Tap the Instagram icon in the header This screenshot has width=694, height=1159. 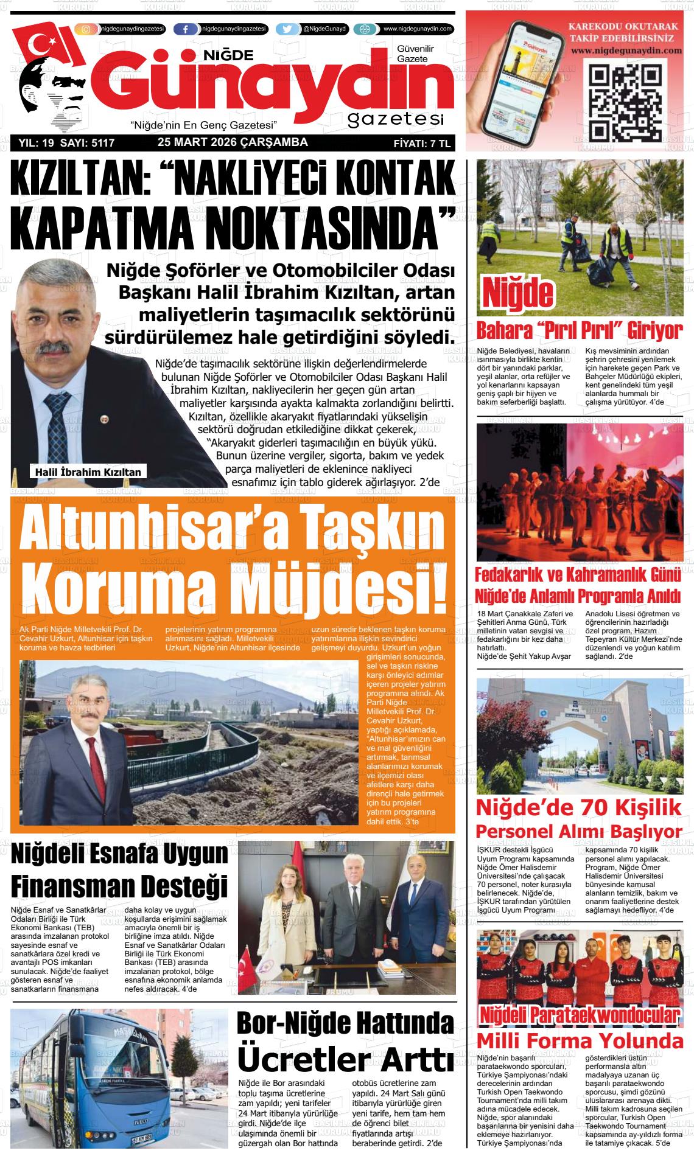point(86,29)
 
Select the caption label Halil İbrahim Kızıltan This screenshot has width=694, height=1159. point(88,472)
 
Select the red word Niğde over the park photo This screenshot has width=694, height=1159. point(518,293)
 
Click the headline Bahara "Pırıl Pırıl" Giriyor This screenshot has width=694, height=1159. point(579,331)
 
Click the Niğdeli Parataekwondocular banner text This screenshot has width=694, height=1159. point(579,1015)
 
